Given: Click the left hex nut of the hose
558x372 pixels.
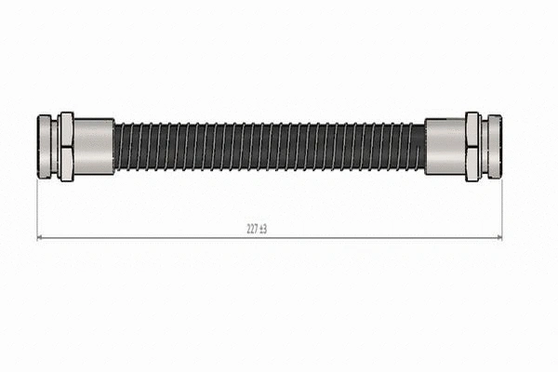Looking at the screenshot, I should (x=66, y=147).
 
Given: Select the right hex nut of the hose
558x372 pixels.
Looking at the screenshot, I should (x=472, y=147).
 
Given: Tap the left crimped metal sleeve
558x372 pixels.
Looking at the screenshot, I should (x=93, y=146).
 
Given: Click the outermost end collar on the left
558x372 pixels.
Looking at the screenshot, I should (x=45, y=146).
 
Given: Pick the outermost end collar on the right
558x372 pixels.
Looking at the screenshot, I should (x=494, y=146).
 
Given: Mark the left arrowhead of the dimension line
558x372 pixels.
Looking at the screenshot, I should (x=40, y=238).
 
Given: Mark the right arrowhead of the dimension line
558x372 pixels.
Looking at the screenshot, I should (x=498, y=238).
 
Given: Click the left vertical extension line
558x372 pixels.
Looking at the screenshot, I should (x=37, y=209).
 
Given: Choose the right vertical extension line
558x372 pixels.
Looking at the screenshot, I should (x=501, y=209).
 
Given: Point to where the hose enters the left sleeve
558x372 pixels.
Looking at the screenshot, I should (x=115, y=146).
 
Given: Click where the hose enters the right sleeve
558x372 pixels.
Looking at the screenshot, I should (x=424, y=146).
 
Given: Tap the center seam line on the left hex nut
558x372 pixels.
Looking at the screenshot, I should (x=66, y=146).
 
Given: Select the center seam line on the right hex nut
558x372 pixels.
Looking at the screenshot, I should (x=472, y=146).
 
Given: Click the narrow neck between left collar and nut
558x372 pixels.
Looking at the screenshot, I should (x=56, y=146).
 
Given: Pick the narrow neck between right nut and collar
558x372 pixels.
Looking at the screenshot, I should (x=483, y=146).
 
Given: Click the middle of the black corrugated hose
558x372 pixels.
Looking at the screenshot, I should (x=270, y=146).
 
